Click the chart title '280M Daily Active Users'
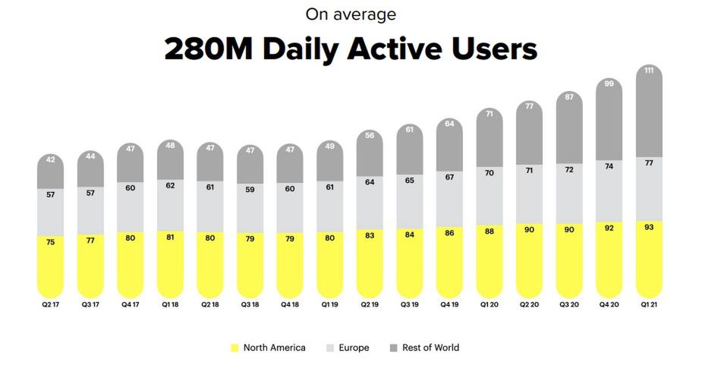[351, 49]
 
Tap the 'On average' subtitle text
[351, 14]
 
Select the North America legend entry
[268, 348]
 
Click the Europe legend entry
[348, 348]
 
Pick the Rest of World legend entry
[424, 348]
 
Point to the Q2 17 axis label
[51, 304]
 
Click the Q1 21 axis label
[649, 304]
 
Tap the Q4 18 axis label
[290, 304]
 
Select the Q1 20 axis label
[490, 304]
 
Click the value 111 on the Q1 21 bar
[649, 71]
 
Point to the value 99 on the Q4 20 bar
[609, 83]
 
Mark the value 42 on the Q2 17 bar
[51, 159]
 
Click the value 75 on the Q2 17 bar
[51, 242]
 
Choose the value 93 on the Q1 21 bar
[649, 227]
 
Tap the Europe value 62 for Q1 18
[170, 185]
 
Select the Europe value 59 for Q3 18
[250, 190]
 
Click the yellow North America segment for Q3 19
[410, 263]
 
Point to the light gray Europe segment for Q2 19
[370, 203]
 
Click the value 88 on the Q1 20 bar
[490, 231]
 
